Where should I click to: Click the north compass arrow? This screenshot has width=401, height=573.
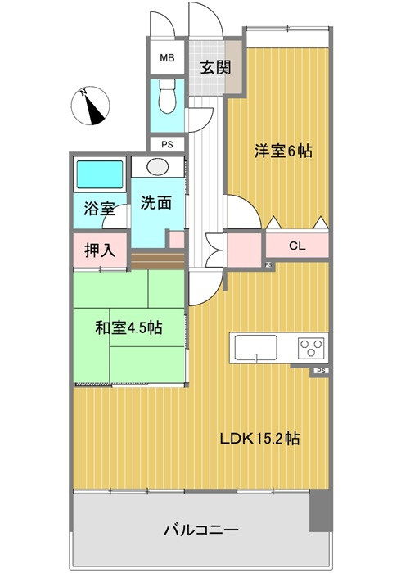[x=96, y=106]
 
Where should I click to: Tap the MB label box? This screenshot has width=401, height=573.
[x=167, y=58]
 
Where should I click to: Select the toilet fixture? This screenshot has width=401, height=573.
[x=167, y=95]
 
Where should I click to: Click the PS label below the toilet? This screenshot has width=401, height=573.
[x=167, y=145]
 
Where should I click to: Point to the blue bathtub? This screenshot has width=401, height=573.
[x=98, y=174]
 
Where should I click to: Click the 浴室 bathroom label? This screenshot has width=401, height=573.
[x=98, y=210]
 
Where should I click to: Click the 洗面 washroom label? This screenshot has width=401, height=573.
[x=155, y=203]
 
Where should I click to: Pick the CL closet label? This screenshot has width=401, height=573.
[x=297, y=244]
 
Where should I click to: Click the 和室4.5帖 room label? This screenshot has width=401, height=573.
[x=128, y=328]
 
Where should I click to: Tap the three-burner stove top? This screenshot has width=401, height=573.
[x=312, y=347]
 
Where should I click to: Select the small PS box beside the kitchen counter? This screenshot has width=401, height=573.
[x=322, y=371]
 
